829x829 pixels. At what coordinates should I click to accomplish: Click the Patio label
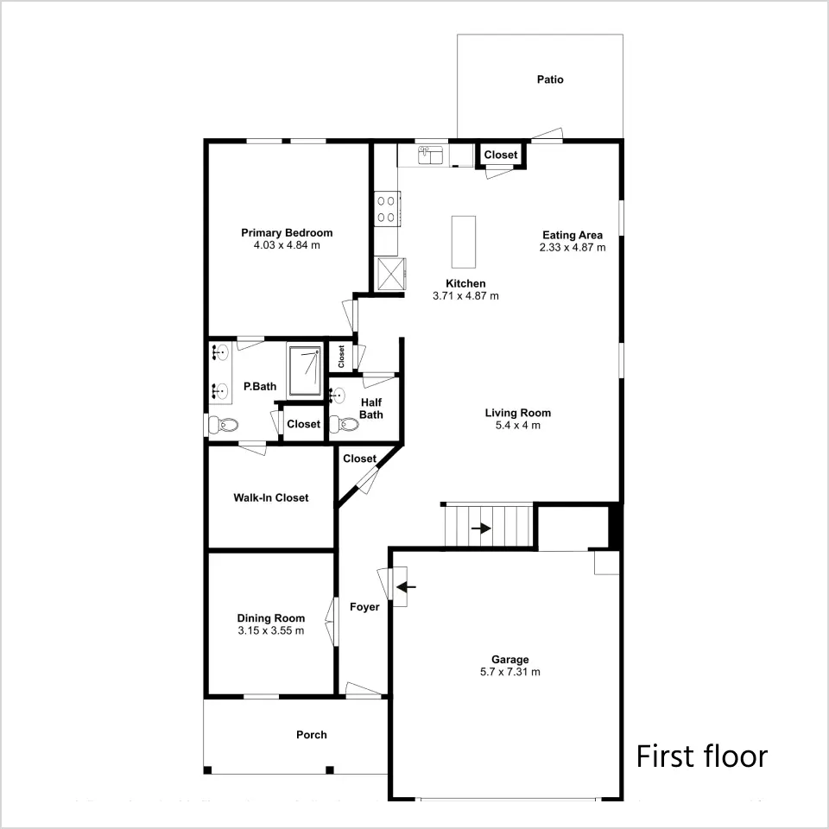[x=550, y=79]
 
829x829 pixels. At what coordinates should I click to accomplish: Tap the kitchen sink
[x=432, y=155]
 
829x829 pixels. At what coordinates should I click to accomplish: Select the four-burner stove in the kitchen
[x=387, y=209]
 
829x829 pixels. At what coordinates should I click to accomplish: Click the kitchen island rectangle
[x=463, y=242]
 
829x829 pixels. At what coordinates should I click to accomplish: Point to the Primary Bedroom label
[x=287, y=232]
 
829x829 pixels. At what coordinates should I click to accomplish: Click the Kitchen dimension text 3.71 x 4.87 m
[x=465, y=296]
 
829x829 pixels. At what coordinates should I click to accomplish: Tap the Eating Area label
[x=572, y=235]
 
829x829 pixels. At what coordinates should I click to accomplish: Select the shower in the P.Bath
[x=305, y=370]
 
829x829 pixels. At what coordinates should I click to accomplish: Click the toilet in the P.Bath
[x=223, y=424]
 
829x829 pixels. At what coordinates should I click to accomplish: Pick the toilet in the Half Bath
[x=344, y=423]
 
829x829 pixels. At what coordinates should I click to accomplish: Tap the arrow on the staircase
[x=481, y=528]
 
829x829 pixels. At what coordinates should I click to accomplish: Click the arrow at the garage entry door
[x=406, y=586]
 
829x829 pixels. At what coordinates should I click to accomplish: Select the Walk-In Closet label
[x=270, y=497]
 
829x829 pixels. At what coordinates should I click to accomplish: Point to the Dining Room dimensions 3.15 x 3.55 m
[x=270, y=630]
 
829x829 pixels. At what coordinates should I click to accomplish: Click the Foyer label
[x=364, y=607]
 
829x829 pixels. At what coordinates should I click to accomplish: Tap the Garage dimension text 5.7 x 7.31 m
[x=509, y=672]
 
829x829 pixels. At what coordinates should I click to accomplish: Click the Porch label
[x=312, y=735]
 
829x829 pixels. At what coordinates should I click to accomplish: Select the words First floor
[x=701, y=756]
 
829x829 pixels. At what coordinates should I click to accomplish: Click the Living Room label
[x=517, y=413]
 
